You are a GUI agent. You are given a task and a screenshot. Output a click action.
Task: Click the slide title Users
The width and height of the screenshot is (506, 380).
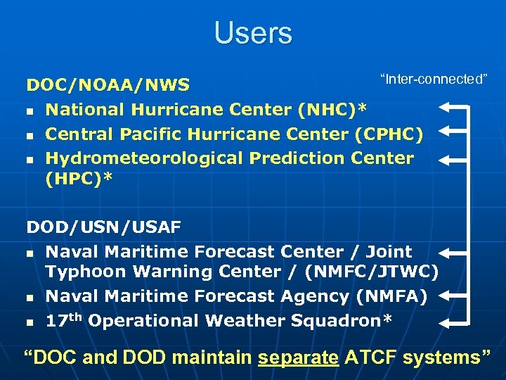(253, 33)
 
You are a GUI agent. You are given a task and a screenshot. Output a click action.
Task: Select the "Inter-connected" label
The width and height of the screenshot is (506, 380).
(434, 79)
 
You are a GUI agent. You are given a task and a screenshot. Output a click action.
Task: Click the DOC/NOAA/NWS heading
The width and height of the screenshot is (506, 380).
(108, 85)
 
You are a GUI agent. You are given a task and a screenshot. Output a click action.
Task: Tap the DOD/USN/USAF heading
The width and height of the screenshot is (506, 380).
(104, 227)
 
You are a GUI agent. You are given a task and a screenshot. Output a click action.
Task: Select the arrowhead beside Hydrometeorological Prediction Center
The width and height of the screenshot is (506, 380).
(446, 160)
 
